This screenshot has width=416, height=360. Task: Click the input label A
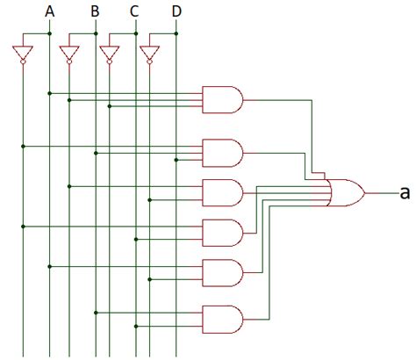coord(49,11)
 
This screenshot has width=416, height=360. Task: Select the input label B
coord(95,11)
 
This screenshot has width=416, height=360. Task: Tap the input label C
coord(134,11)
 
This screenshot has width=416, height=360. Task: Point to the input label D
coord(176,11)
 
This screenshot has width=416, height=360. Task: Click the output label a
coord(405,192)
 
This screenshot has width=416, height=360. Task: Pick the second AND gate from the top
coord(222,152)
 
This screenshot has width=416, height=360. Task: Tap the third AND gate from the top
coord(222,191)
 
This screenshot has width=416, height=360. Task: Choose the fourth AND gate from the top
coord(222,232)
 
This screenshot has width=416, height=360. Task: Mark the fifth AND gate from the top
coord(222,272)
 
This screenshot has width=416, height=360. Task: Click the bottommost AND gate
coord(222,318)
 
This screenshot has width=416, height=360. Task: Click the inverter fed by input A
coord(22,54)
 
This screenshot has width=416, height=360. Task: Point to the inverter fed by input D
coord(148,54)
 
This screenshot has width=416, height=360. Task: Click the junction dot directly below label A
coord(49,33)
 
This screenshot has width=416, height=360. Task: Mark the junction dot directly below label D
coord(176,33)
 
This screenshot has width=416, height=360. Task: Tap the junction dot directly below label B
coord(95,33)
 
